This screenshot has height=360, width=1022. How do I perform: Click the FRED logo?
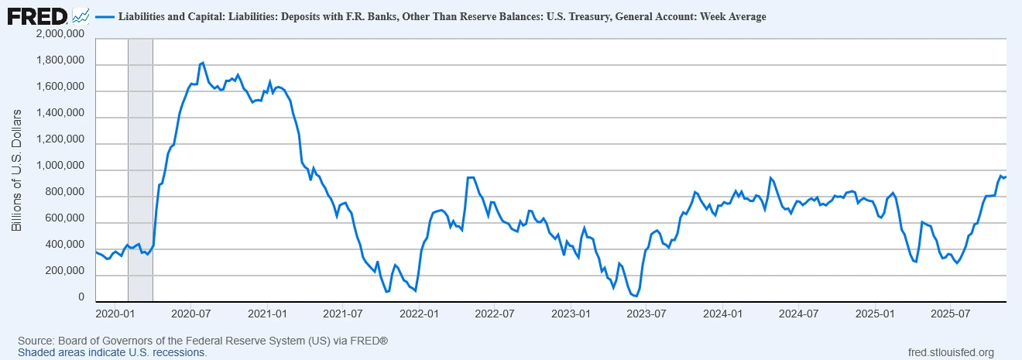37,15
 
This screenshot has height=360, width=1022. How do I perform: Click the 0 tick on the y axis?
81,298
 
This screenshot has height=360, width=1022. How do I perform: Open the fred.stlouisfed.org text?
950,352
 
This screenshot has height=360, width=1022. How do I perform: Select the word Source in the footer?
34,341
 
